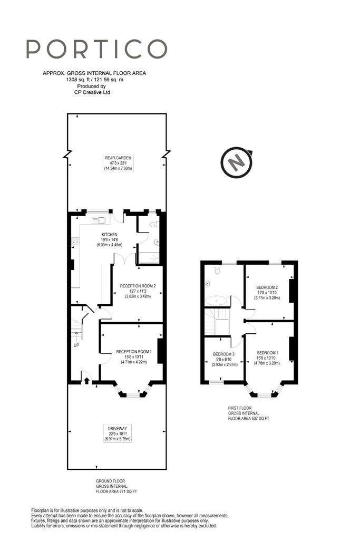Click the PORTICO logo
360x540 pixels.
[x=96, y=49]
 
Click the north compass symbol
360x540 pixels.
[x=237, y=162]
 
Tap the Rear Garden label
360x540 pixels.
[x=118, y=163]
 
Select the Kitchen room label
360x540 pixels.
[x=110, y=240]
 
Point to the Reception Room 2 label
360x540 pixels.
[x=138, y=291]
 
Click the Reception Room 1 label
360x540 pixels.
[x=134, y=357]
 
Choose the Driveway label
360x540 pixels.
[x=118, y=433]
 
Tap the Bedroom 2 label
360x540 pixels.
[x=267, y=292]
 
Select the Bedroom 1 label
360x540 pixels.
[x=267, y=358]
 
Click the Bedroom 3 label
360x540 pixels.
[x=223, y=359]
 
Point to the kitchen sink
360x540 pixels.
[x=99, y=220]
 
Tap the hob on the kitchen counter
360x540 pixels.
[x=75, y=242]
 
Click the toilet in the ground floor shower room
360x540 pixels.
[x=154, y=225]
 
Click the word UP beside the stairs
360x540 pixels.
[x=76, y=345]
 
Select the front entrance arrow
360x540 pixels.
[x=86, y=380]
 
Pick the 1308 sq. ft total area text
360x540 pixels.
[x=95, y=80]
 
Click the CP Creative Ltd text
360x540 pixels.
[x=92, y=92]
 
